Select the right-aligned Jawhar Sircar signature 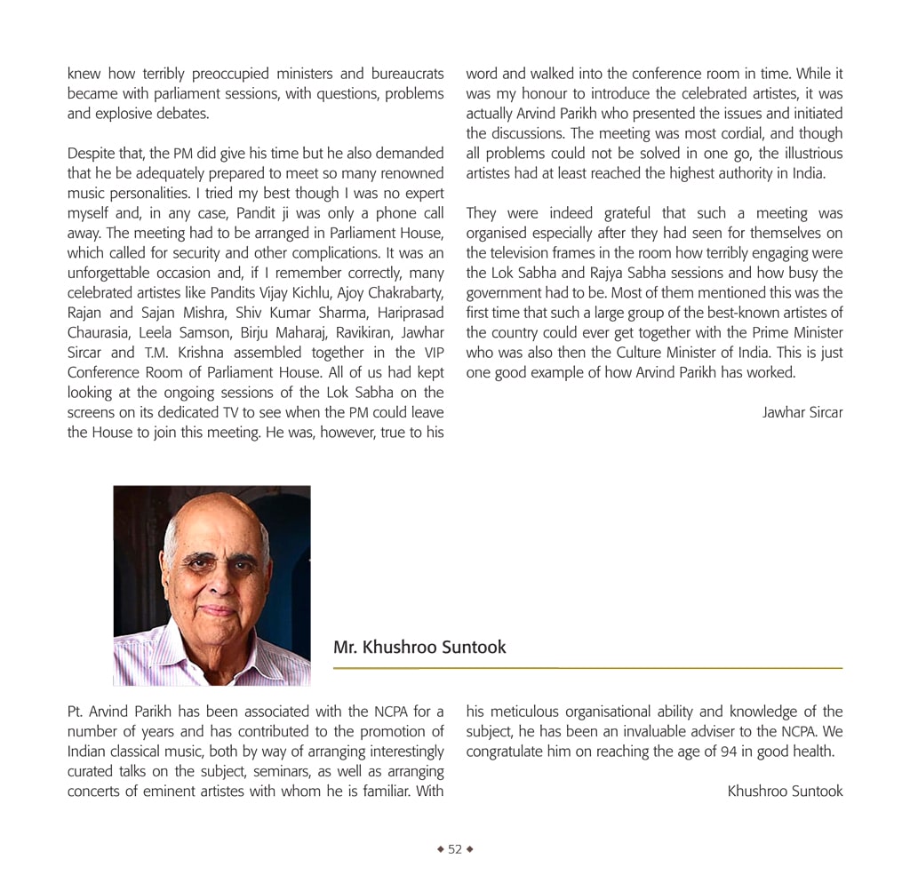click(x=802, y=412)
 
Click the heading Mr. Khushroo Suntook click(x=419, y=648)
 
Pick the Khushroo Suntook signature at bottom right click(x=785, y=791)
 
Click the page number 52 click(x=455, y=849)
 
